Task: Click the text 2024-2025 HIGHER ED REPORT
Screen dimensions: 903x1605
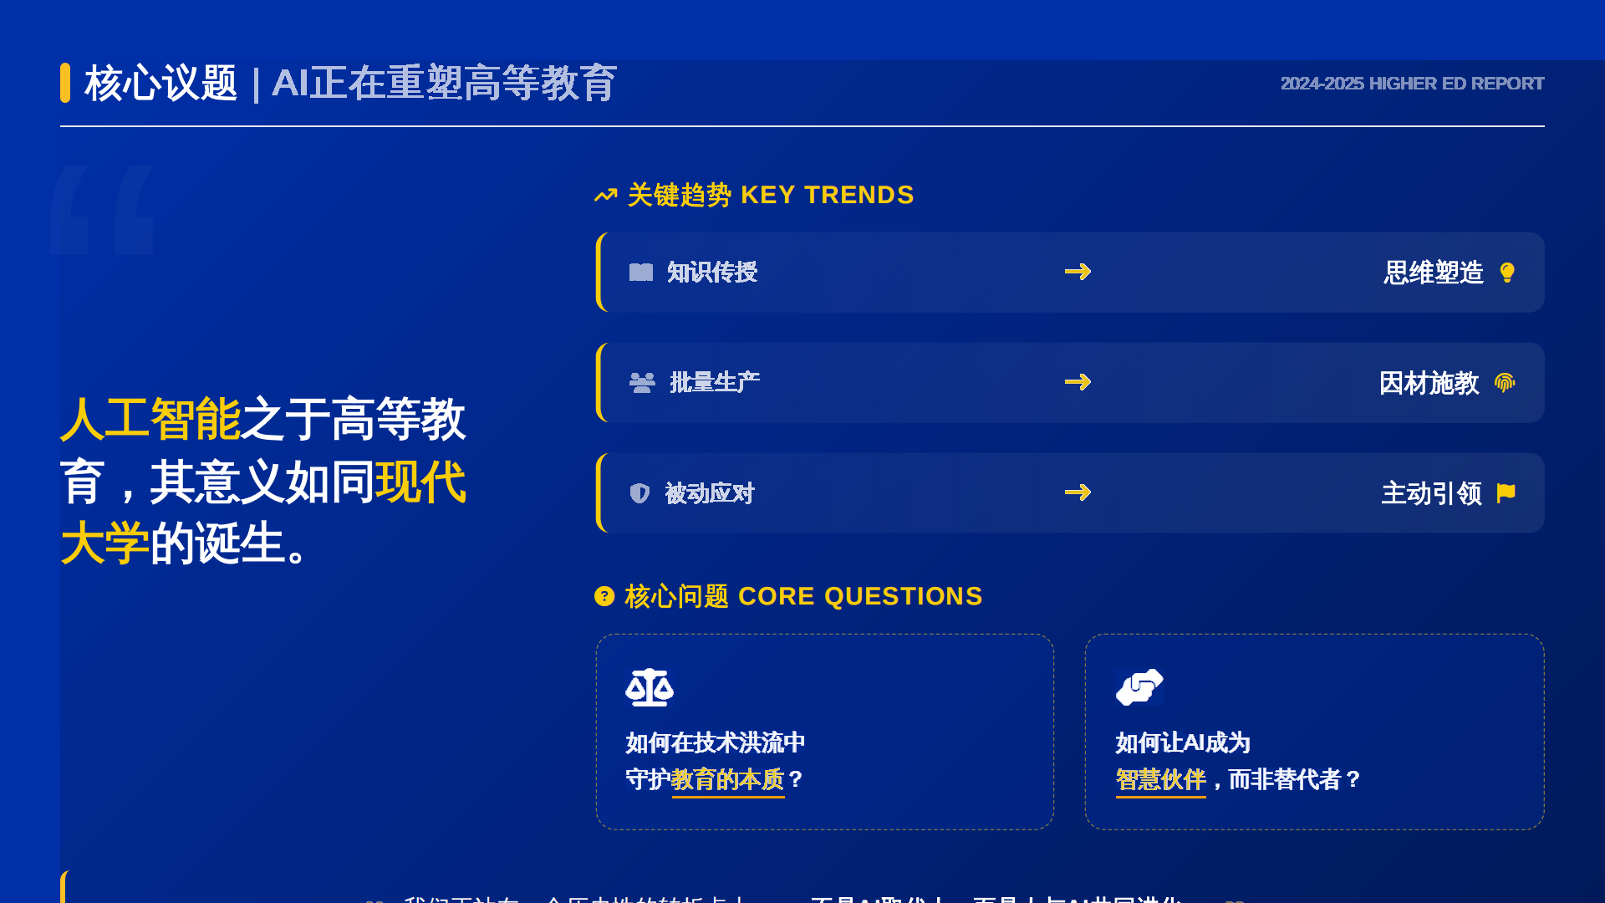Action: (x=1412, y=84)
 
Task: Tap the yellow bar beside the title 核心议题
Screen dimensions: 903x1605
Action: (x=65, y=83)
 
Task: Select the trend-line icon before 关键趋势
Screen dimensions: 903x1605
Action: (x=605, y=196)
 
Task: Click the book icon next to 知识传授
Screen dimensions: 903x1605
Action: (x=641, y=273)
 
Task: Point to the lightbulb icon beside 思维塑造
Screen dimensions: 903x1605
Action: (x=1507, y=273)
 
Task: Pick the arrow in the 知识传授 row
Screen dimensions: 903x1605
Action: (x=1078, y=272)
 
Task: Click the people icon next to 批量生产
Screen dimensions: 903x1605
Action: (x=642, y=383)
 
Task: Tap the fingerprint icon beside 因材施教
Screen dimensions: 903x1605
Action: (x=1505, y=383)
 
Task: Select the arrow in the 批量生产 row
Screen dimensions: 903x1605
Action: (x=1078, y=382)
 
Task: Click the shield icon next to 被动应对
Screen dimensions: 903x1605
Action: (x=639, y=493)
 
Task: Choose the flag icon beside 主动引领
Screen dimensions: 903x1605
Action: (x=1506, y=493)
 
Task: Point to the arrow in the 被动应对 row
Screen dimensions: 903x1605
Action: (x=1078, y=492)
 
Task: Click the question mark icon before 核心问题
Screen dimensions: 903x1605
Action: (x=604, y=596)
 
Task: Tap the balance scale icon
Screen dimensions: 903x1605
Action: (x=650, y=687)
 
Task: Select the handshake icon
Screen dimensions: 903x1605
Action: (x=1139, y=687)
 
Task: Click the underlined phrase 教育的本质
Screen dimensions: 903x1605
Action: (x=728, y=779)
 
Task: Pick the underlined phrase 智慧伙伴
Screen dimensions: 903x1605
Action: (x=1160, y=779)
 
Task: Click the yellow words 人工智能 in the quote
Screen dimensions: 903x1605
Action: (x=150, y=419)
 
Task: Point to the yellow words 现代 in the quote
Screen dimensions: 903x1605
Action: (x=420, y=482)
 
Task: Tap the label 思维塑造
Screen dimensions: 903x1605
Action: (x=1433, y=273)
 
